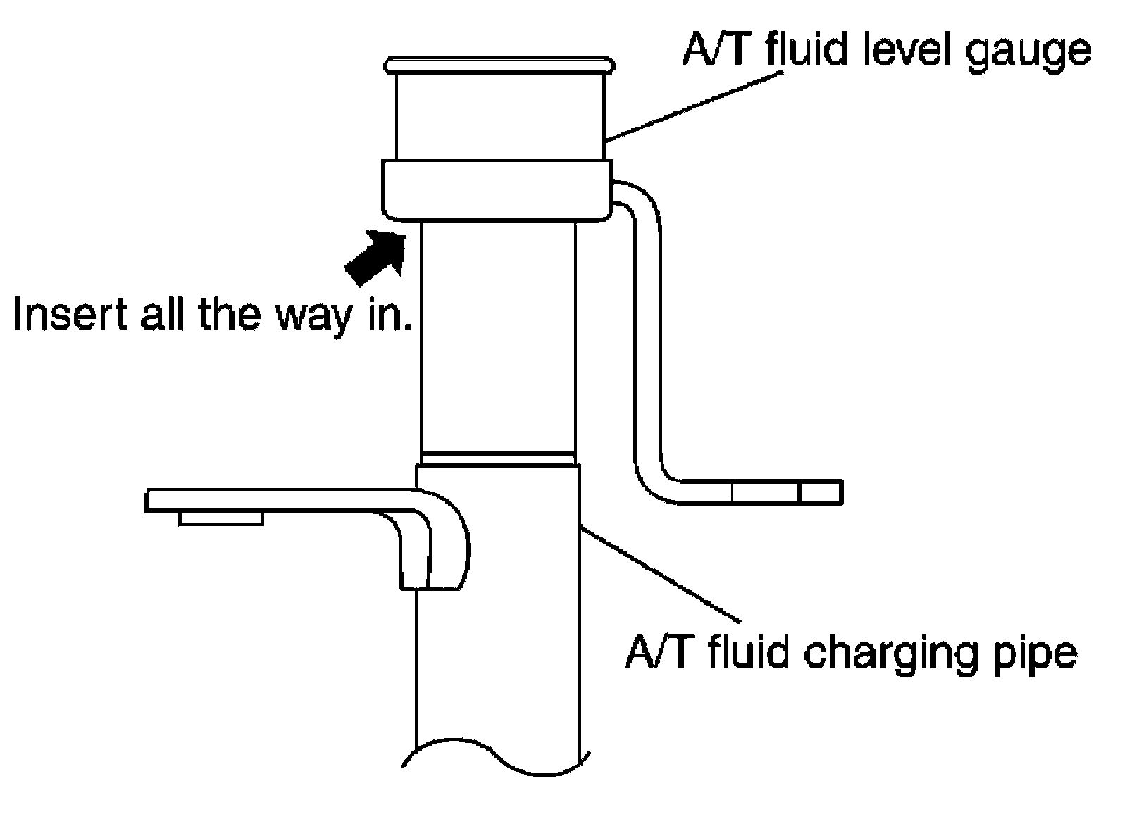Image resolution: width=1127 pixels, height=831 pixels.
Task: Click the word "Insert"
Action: (72, 315)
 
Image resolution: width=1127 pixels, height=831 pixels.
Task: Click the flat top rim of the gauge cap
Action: (499, 65)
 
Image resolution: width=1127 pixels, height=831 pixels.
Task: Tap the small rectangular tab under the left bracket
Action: (220, 518)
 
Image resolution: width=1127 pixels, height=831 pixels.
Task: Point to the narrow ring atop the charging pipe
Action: (498, 458)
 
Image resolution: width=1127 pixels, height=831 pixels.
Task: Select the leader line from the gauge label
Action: (694, 106)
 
